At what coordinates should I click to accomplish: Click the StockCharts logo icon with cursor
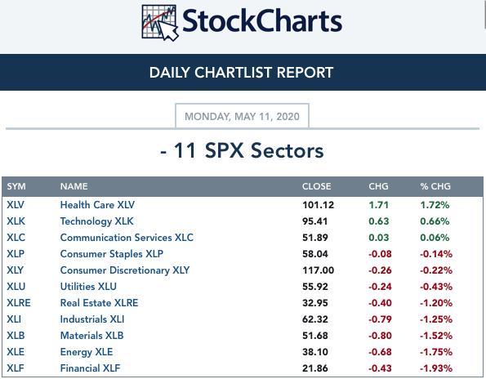click(160, 23)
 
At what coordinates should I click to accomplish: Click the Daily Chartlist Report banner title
click(241, 73)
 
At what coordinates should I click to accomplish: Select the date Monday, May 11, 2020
click(242, 117)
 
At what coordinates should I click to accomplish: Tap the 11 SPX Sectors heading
click(242, 150)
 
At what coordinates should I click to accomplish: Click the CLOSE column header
click(316, 186)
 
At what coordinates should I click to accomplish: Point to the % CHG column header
click(435, 186)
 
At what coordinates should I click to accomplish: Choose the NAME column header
click(74, 186)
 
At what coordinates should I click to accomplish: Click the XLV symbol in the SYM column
click(16, 205)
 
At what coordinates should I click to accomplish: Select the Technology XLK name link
click(96, 221)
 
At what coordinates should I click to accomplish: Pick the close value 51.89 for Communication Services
click(315, 238)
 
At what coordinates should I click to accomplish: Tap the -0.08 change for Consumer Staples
click(380, 254)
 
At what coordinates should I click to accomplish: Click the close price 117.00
click(318, 270)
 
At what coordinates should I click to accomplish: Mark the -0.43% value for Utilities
click(436, 287)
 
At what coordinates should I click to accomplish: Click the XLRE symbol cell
click(19, 303)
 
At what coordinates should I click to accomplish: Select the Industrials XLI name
click(92, 319)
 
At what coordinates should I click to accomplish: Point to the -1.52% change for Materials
click(436, 336)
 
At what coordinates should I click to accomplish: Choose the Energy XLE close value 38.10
click(315, 352)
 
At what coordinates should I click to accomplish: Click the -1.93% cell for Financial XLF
click(436, 368)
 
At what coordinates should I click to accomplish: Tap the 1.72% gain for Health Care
click(435, 205)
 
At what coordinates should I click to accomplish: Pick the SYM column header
click(16, 186)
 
